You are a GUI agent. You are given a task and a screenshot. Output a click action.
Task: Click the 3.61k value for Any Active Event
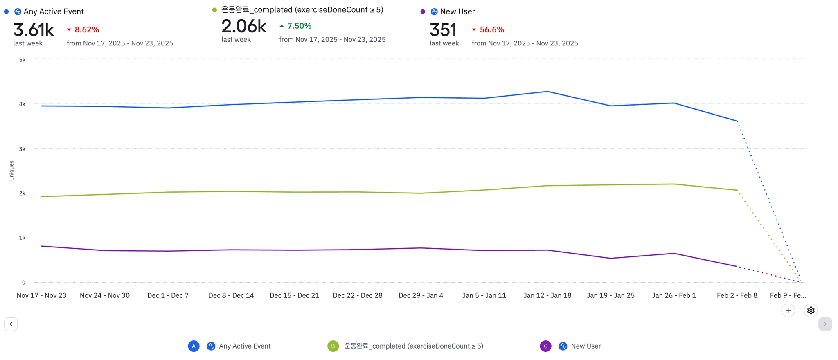point(34,30)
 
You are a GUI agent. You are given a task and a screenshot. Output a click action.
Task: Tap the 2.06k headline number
point(244,26)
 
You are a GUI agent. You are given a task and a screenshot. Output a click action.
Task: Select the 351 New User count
point(443,30)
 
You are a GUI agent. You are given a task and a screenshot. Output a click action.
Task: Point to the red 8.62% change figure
point(87,29)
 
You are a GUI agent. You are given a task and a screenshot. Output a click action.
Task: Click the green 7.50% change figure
point(299,26)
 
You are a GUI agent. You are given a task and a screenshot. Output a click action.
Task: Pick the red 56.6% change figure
point(492,29)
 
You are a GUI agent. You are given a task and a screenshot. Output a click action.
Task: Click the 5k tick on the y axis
point(22,60)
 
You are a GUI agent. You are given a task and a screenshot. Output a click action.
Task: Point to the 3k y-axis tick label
point(22,149)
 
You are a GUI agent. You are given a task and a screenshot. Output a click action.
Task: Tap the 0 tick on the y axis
point(24,282)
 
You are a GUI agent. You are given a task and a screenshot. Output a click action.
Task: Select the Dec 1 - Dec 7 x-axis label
point(168,295)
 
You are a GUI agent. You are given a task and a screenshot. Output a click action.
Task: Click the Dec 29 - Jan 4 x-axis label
point(421,295)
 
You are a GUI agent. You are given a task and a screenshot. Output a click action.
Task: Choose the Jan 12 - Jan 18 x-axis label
point(547,295)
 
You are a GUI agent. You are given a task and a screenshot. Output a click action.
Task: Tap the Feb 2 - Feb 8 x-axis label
point(737,295)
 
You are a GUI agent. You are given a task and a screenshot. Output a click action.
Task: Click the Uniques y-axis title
point(11,171)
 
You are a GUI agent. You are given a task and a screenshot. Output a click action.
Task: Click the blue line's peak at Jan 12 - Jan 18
point(547,92)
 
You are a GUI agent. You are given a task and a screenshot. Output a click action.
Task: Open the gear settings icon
point(811,310)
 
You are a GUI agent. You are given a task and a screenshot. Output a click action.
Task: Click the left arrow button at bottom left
point(11,324)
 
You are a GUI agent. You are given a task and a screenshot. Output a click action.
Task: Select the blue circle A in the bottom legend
point(194,346)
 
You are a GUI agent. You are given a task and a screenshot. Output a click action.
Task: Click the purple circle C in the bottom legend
point(545,346)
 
